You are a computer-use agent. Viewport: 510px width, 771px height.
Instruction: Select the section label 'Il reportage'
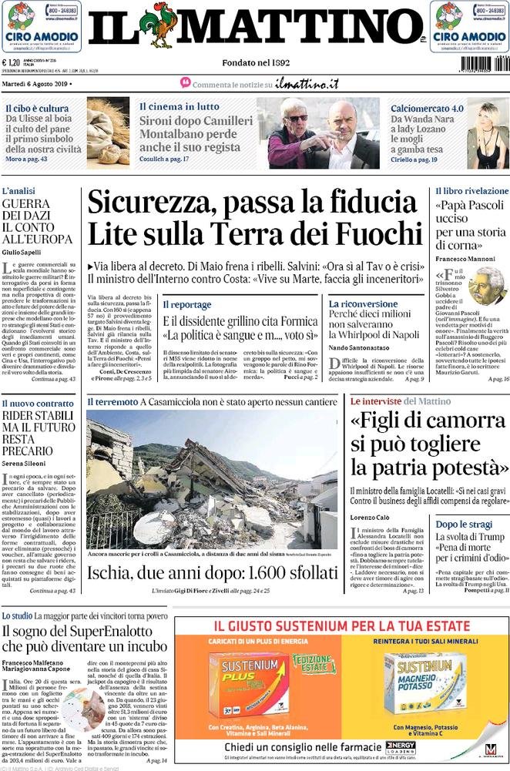point(186,304)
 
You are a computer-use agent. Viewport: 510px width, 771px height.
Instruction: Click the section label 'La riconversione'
point(363,304)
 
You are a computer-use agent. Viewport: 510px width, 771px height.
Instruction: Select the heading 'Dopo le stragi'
point(464,524)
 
